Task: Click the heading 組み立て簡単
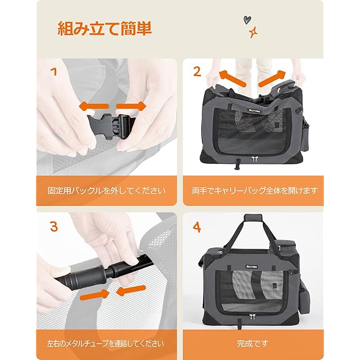coord(105,29)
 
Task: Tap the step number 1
coord(55,72)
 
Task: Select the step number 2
coord(197,72)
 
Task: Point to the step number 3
coord(54,227)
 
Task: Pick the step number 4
coord(197,228)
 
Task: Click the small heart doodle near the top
coord(246,20)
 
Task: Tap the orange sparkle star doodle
coord(253,33)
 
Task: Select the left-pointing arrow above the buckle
coord(94,106)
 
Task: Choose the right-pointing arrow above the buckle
coord(131,106)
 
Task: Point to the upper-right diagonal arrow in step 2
coord(272,79)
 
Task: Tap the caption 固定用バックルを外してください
coord(106,191)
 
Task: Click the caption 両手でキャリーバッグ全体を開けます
coord(255,191)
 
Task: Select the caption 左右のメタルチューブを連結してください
coord(106,344)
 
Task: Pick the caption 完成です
coord(253,344)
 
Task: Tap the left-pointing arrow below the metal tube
coord(131,291)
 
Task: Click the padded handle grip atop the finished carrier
coord(253,218)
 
